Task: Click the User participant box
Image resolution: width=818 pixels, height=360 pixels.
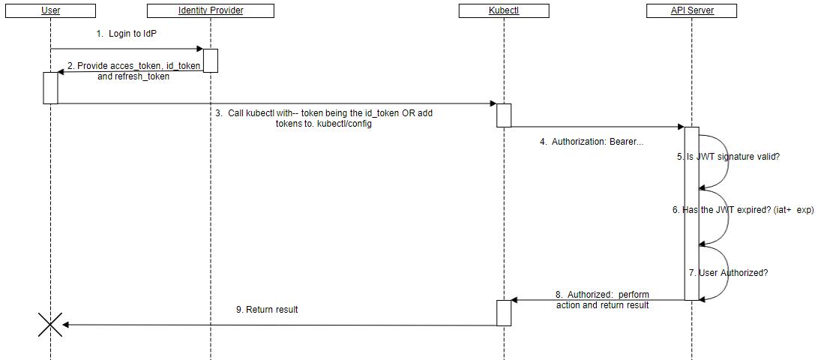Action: point(50,10)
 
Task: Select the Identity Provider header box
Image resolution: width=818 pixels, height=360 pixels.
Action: point(211,10)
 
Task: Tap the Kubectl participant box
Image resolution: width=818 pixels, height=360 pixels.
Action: point(503,10)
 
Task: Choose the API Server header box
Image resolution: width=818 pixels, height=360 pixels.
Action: point(691,10)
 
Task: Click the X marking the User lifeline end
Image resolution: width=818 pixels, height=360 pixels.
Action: point(50,325)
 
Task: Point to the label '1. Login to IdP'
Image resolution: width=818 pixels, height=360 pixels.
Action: point(127,34)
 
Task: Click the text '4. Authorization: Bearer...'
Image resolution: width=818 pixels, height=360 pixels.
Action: point(591,141)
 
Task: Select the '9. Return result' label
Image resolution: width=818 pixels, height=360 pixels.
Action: point(267,309)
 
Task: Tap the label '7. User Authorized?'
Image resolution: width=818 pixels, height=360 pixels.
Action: point(728,273)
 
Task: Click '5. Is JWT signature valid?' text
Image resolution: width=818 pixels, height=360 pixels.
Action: point(728,157)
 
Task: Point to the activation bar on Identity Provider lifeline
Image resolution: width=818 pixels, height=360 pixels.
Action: point(211,61)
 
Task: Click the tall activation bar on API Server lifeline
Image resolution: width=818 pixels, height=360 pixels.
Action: point(691,214)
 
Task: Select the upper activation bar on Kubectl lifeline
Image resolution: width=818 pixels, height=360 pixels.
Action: point(504,115)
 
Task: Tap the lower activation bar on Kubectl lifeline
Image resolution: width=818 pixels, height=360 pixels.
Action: point(504,313)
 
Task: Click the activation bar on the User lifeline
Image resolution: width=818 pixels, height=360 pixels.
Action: point(50,88)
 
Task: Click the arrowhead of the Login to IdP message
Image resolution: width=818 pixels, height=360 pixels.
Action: point(199,49)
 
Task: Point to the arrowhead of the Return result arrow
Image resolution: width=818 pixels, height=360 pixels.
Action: point(66,325)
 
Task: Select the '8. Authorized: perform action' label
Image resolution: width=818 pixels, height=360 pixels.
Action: point(602,300)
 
